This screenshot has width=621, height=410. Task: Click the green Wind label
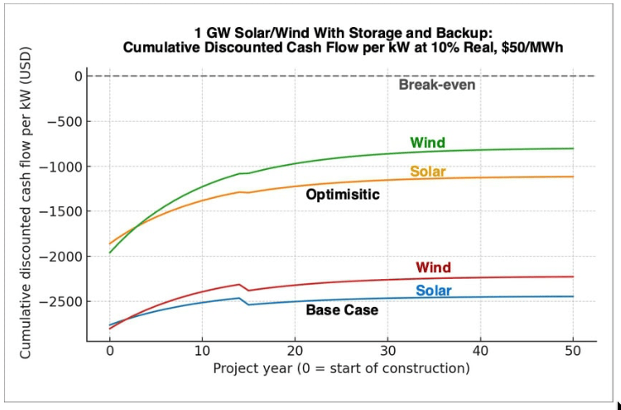[x=427, y=143]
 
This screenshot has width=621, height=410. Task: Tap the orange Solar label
[x=428, y=172]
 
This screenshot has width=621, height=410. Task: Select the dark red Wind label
[x=433, y=267]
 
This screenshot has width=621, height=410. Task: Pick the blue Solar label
[x=433, y=291]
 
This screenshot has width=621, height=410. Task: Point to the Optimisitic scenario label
[x=343, y=195]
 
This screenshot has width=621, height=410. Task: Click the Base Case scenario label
[x=342, y=310]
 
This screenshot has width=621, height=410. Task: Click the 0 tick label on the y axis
[x=78, y=77]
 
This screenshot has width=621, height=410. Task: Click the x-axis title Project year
[x=341, y=368]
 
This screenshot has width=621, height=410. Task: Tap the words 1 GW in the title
[x=212, y=33]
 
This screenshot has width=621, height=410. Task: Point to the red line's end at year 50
[x=573, y=277]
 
